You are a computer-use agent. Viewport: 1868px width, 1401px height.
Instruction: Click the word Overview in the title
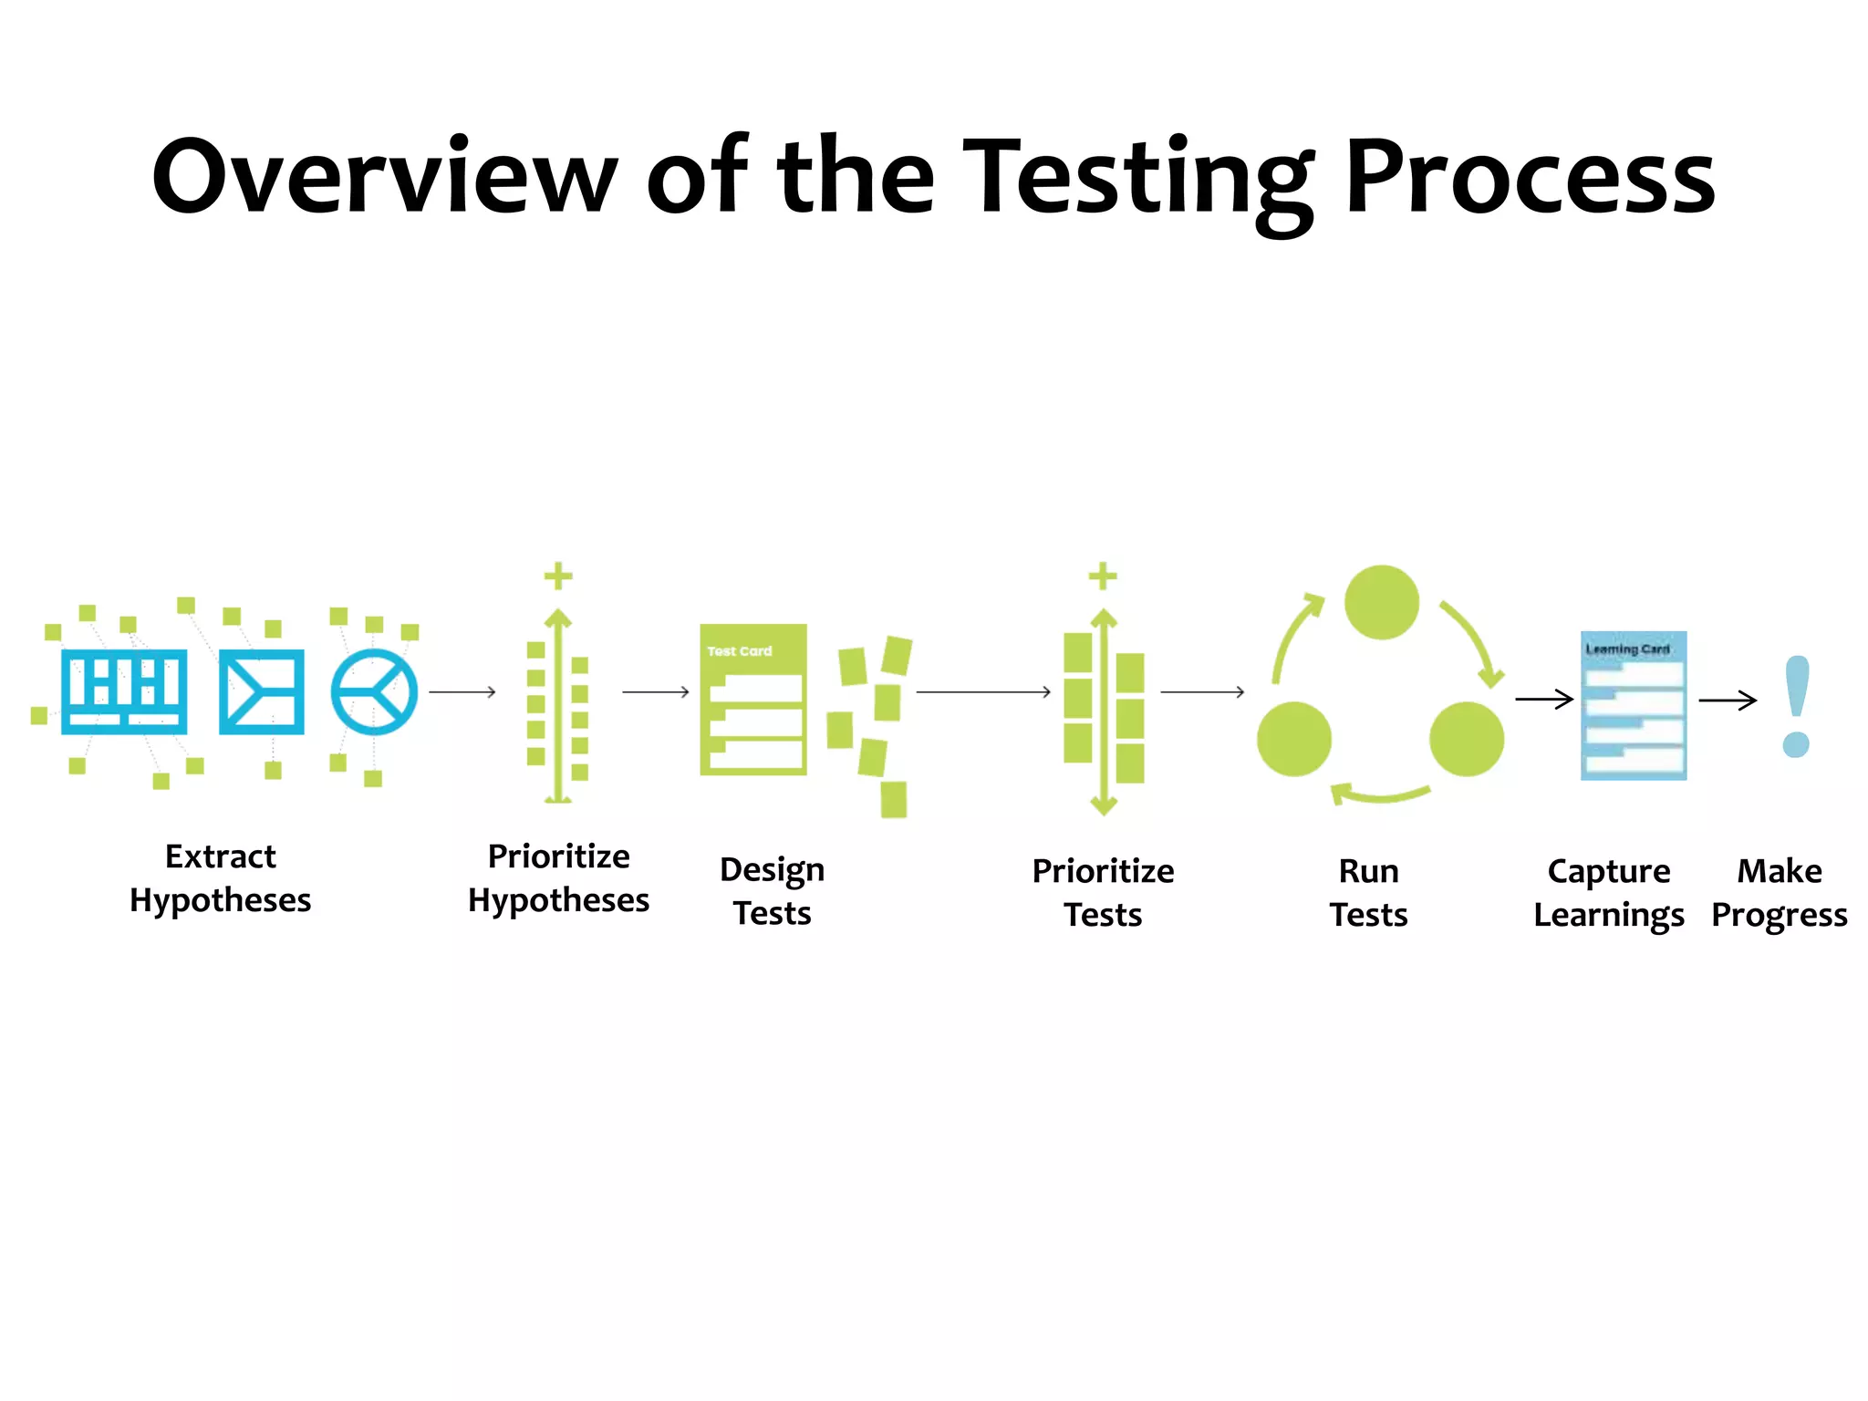pos(384,176)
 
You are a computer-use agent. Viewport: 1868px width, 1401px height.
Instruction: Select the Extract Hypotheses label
pos(220,878)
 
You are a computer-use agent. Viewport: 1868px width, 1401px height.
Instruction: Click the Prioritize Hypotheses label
pos(558,878)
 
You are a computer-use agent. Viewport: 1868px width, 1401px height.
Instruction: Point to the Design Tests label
pos(772,891)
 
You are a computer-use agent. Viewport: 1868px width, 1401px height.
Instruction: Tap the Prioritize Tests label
pos(1103,893)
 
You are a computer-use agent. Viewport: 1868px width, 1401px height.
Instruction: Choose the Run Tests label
pos(1368,893)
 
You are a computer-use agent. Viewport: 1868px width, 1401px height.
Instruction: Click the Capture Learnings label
pos(1608,893)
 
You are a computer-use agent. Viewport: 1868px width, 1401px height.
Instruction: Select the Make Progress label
pos(1779,893)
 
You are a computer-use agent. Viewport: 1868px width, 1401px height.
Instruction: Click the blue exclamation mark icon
pos(1796,706)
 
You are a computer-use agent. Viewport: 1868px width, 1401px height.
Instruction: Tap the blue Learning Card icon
pos(1633,705)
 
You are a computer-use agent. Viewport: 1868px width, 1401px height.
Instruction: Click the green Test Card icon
pos(752,700)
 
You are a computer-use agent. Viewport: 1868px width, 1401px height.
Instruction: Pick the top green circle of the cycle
pos(1381,602)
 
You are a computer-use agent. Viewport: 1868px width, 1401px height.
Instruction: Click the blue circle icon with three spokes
pos(374,692)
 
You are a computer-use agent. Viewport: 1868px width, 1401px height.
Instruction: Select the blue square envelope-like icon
pos(262,692)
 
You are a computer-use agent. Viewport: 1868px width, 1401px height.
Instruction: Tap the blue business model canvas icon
pos(124,692)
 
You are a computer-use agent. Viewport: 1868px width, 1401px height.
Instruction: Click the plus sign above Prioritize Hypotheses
pos(558,576)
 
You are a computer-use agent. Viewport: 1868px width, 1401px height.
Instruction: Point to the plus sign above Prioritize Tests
pos(1103,576)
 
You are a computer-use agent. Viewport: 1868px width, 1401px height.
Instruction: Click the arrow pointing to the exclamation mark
pos(1728,700)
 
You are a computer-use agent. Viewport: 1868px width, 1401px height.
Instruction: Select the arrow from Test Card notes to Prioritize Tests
pos(983,692)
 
